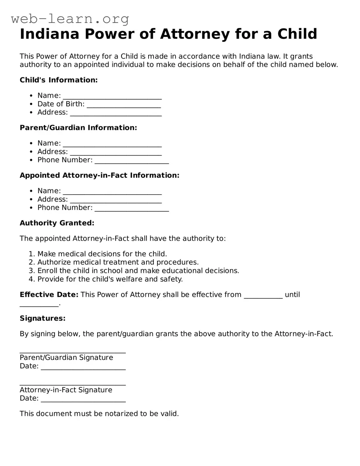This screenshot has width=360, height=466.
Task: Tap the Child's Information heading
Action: coord(59,80)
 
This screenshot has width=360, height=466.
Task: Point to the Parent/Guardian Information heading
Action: coord(78,128)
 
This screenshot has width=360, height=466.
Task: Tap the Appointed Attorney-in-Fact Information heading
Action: coord(99,176)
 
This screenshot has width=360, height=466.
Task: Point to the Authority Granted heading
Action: coord(57,223)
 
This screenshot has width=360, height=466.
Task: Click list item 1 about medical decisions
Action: coord(102,254)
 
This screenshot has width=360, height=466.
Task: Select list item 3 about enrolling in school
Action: coord(138,271)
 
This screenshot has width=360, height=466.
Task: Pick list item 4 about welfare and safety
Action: coord(110,279)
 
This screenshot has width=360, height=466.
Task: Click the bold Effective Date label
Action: coord(49,295)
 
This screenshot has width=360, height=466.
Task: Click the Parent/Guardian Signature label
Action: coord(66,357)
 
